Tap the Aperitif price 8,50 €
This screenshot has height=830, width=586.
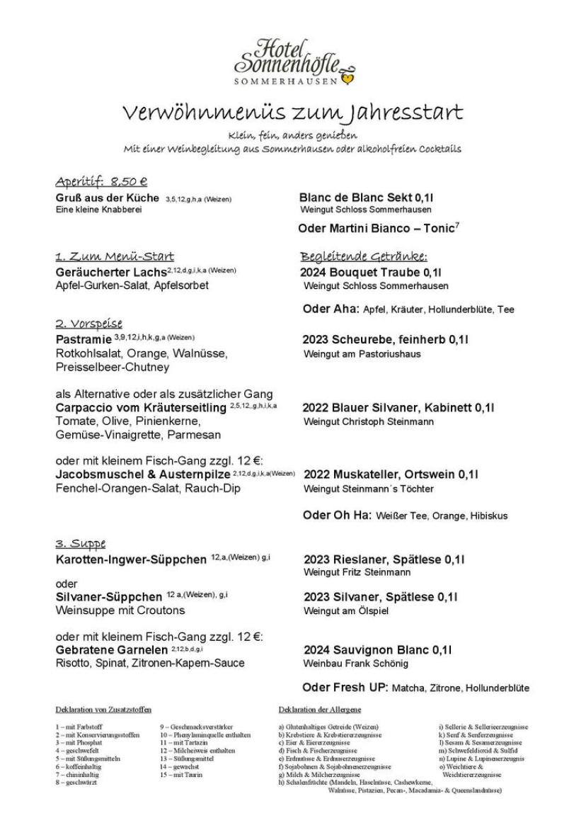pos(128,182)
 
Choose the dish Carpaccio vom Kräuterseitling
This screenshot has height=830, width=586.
pos(142,408)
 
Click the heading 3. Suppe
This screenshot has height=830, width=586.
pos(81,543)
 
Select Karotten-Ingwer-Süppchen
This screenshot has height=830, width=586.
pos(131,560)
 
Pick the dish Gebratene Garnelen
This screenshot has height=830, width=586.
pos(113,649)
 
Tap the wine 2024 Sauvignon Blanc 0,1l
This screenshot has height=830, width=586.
pos(378,649)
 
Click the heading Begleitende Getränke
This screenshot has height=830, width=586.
pos(364,256)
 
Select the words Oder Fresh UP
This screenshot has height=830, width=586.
pos(345,688)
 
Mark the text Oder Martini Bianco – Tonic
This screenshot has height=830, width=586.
pos(377,228)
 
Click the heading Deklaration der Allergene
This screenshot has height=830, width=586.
pos(320,709)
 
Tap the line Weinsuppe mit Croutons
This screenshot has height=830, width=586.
pos(120,610)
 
